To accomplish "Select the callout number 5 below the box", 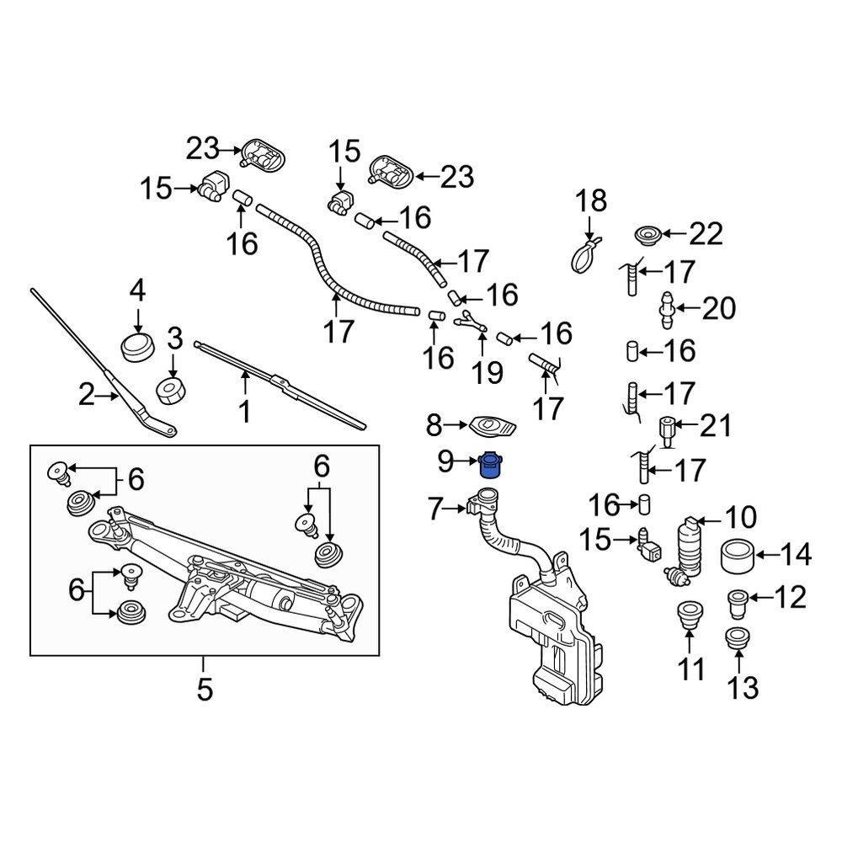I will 205,690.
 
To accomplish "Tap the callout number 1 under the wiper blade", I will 244,412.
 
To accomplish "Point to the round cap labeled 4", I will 137,346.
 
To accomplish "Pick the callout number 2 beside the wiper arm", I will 87,394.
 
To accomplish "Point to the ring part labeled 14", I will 738,556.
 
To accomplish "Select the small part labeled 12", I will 738,603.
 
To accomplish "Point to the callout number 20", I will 718,308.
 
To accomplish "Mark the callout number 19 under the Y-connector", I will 486,370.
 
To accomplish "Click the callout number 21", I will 717,426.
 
